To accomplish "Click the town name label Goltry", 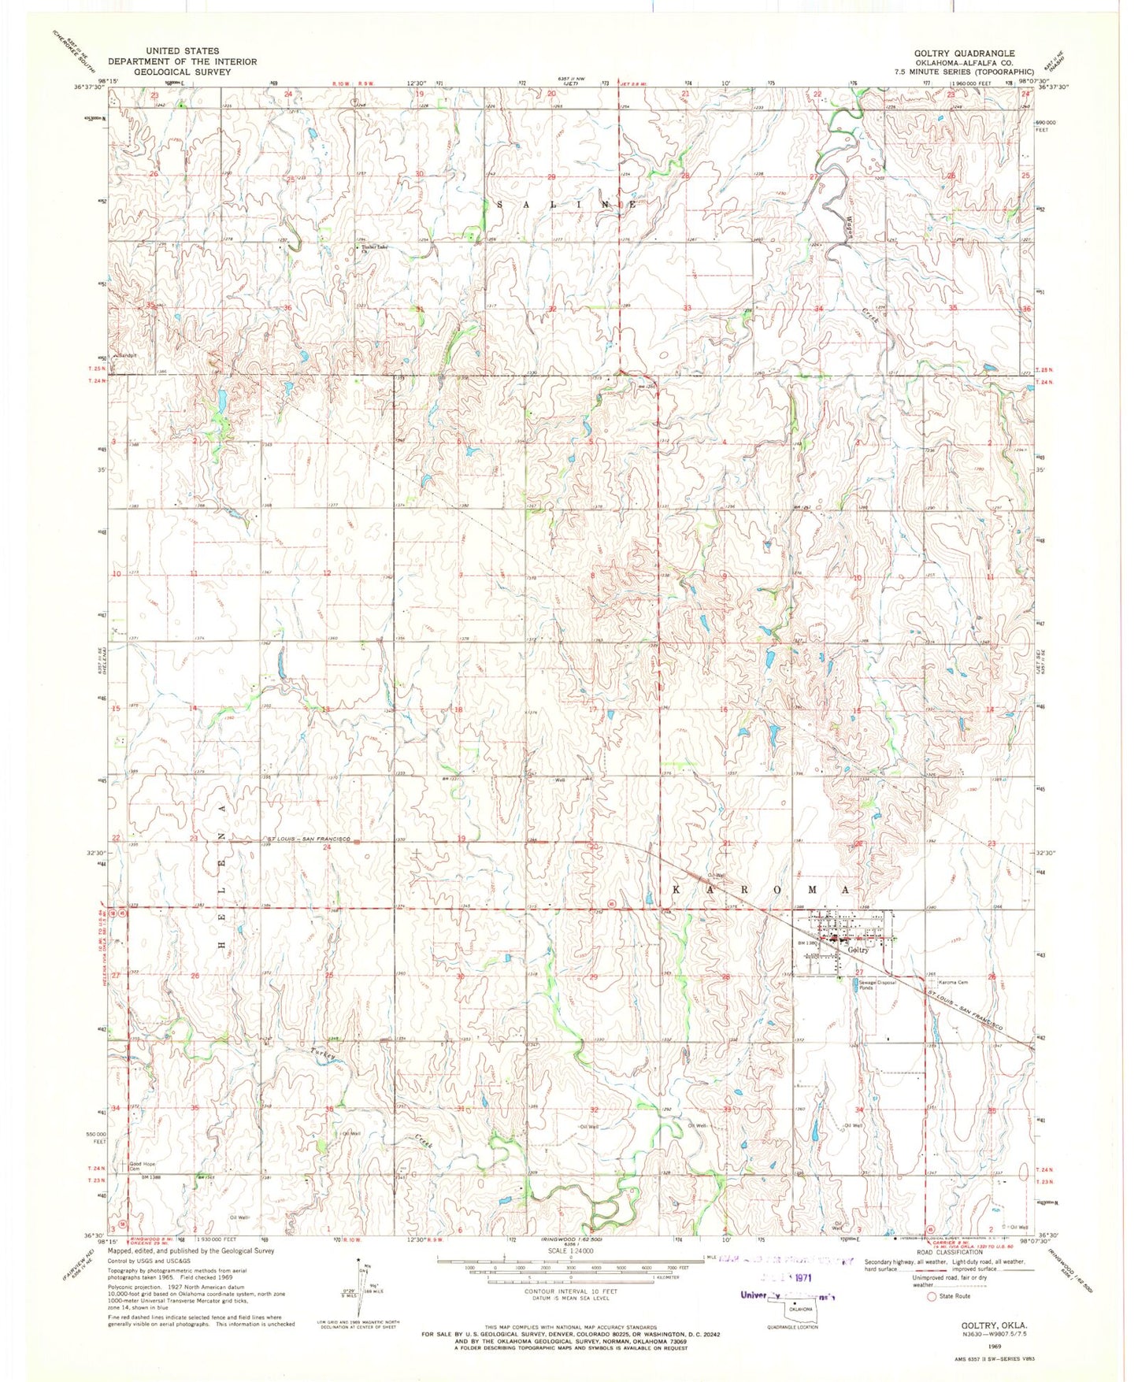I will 858,950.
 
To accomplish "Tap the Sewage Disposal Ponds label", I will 877,985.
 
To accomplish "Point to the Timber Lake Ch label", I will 376,249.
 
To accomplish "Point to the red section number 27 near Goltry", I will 859,973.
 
